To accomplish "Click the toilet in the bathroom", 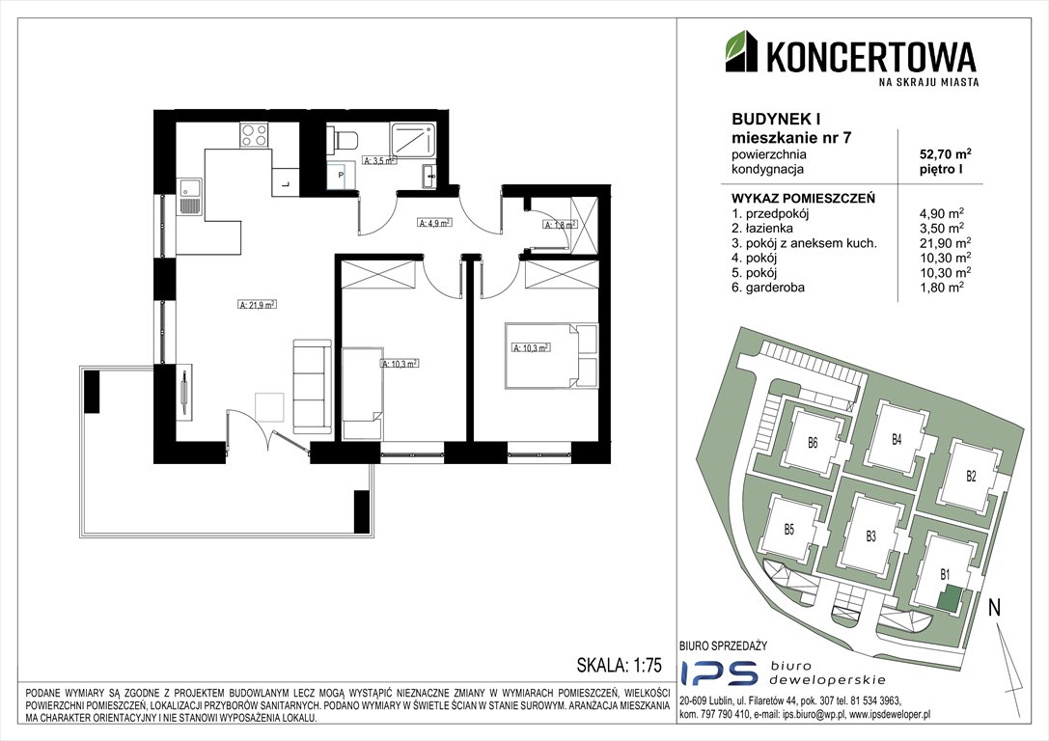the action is coord(344,140).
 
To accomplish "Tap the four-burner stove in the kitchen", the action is coord(255,136).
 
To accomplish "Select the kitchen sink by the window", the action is coord(189,197).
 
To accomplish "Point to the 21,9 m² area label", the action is coord(258,304).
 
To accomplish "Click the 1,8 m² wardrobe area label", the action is coord(560,225).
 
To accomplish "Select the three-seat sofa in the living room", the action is coord(312,386).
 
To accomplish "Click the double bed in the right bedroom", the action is coord(551,355).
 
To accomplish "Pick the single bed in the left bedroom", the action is coord(363,394).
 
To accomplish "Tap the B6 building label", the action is coord(813,442).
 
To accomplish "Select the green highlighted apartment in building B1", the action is coord(948,597).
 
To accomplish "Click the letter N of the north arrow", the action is coord(995,607).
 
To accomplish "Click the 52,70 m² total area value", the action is coord(946,154).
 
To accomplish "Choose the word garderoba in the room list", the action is coord(777,288).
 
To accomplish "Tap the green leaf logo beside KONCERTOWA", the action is coord(742,51).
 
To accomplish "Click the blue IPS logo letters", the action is coord(719,672).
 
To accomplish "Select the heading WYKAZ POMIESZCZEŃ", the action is coord(804,199).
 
